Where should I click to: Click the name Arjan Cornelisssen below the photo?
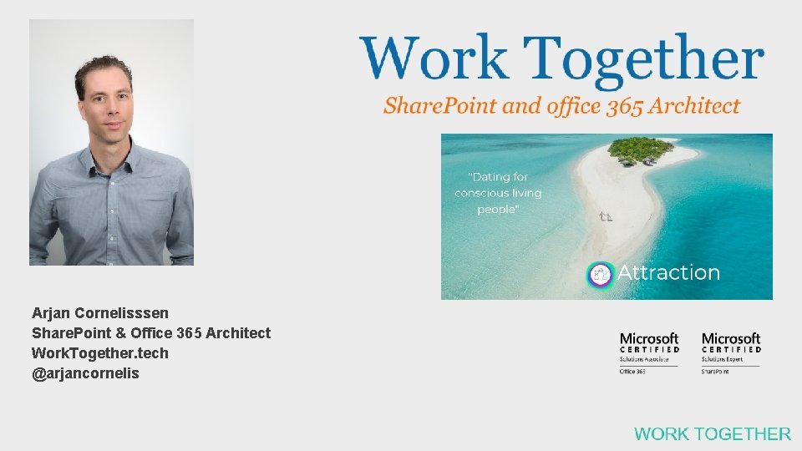point(100,313)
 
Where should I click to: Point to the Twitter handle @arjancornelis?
point(85,373)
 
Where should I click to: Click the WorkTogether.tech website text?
point(100,353)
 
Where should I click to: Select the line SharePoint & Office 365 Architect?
point(151,333)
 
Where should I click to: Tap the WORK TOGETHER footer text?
point(712,433)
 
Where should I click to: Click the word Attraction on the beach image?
point(668,273)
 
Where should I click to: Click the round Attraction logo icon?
point(600,274)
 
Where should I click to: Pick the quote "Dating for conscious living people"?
point(498,193)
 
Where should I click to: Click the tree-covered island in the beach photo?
point(641,150)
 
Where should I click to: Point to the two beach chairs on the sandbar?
point(606,217)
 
